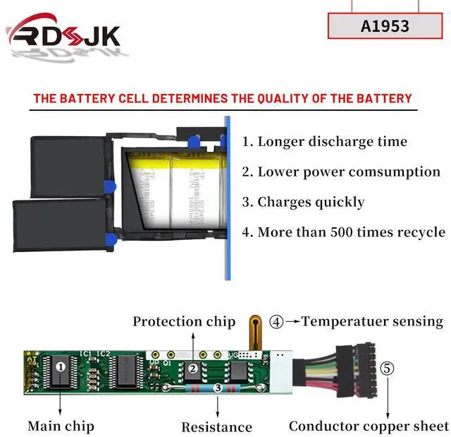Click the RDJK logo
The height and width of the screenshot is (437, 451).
tap(63, 36)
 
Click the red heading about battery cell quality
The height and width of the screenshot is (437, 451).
tap(222, 98)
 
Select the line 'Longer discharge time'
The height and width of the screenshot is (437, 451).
tap(325, 141)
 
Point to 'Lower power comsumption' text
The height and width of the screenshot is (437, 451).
tap(342, 172)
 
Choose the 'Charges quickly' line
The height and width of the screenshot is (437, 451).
tap(304, 202)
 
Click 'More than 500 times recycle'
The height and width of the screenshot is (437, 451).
tap(344, 232)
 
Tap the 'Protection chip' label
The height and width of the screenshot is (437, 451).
tap(184, 322)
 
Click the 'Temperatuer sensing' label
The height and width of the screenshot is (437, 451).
tap(372, 322)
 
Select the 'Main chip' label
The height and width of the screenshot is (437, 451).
tap(61, 426)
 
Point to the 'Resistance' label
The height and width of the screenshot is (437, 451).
tap(216, 427)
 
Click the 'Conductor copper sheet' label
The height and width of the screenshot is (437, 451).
tap(369, 426)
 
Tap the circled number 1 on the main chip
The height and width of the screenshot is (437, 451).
tap(61, 366)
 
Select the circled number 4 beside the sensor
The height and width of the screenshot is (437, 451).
tap(277, 322)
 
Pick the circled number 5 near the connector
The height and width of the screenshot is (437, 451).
tap(387, 369)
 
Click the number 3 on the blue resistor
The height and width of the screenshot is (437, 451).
tap(217, 388)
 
